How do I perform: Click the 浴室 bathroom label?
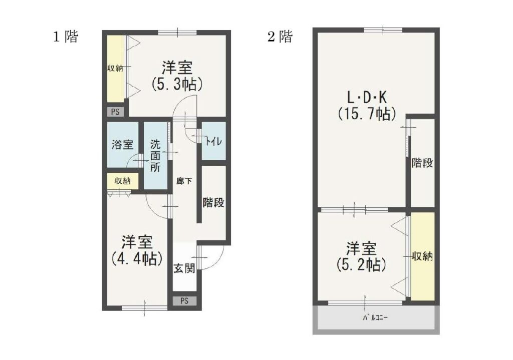(x=122, y=144)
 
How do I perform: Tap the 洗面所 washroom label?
(x=155, y=156)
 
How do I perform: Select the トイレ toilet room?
(x=213, y=141)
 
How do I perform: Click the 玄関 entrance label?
(x=184, y=268)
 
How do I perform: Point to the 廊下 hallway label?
(x=184, y=181)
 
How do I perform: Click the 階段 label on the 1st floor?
(x=213, y=202)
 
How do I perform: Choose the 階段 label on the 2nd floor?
(x=422, y=163)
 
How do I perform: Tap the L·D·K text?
(x=367, y=97)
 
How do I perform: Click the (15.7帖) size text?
(x=367, y=114)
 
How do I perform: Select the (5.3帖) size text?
(x=177, y=84)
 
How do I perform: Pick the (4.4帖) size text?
(x=137, y=259)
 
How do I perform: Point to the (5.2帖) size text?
(x=361, y=264)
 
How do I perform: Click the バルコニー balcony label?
(x=375, y=317)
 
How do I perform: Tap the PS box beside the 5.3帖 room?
(x=116, y=112)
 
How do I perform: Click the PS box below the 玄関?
(x=184, y=301)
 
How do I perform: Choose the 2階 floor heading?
(x=280, y=36)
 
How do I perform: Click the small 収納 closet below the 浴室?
(x=123, y=181)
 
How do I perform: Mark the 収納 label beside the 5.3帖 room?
(x=115, y=69)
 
